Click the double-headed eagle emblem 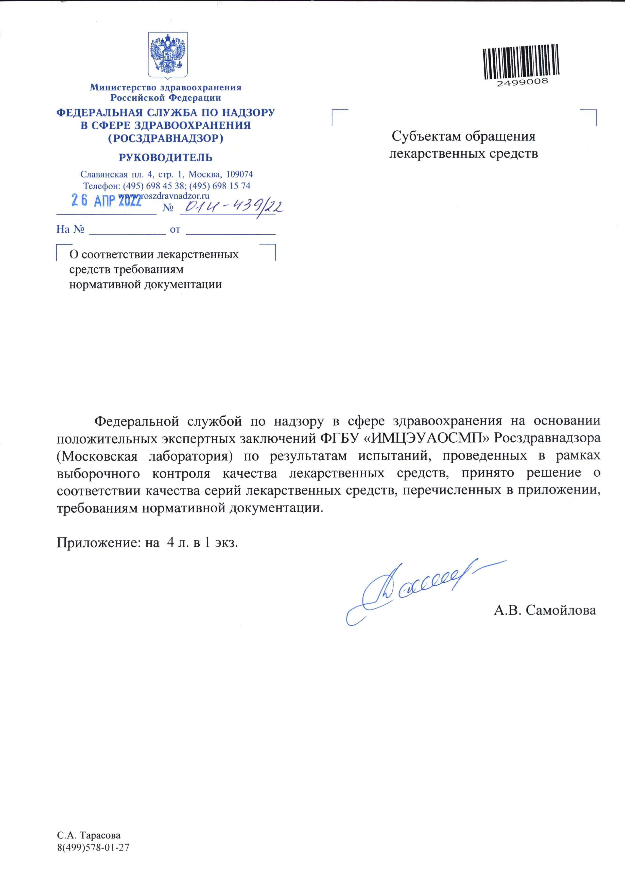tap(168, 55)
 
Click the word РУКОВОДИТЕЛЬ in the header tap(166, 158)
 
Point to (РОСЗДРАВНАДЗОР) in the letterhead tap(166, 138)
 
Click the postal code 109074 tap(239, 175)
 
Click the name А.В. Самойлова tap(545, 610)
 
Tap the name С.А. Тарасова tap(89, 835)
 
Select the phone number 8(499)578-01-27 tap(93, 847)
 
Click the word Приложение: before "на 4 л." tap(99, 543)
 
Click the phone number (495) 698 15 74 tap(220, 186)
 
